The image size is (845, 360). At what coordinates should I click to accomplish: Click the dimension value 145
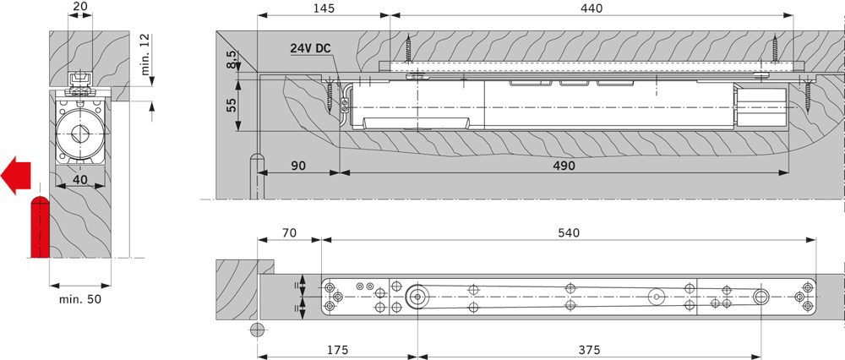point(324,8)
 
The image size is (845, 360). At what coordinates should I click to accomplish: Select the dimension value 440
point(591,8)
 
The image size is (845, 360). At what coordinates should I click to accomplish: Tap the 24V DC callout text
point(310,48)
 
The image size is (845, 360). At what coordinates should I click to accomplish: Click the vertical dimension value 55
point(232,105)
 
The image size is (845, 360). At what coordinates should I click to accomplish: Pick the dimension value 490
point(564,166)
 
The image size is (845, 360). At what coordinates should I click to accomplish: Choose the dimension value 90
point(297,166)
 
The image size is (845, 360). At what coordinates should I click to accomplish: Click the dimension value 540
point(569,232)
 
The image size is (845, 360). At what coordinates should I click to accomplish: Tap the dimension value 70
point(289,232)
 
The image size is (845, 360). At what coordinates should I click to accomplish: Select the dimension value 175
point(337,351)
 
